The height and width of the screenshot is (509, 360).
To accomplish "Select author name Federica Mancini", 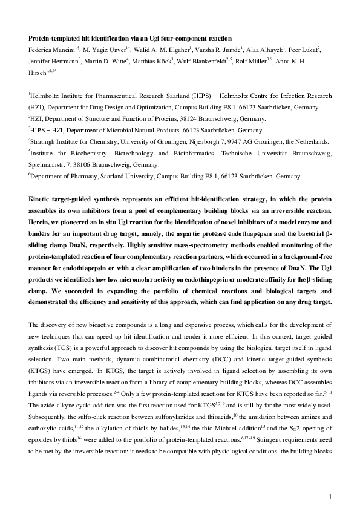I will [x=52, y=49].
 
